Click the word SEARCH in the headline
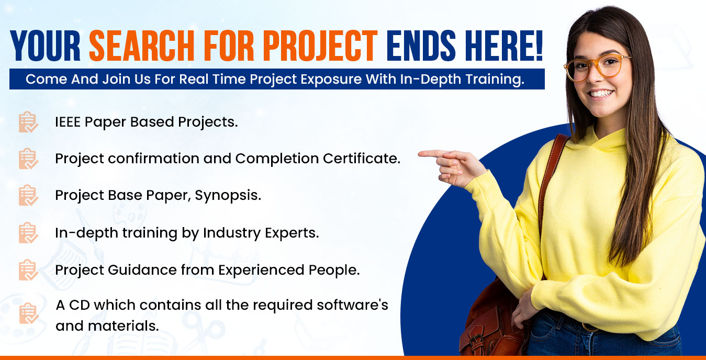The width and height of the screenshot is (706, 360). [141, 46]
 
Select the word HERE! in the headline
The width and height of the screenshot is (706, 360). [503, 46]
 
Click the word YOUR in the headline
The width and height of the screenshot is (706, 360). [46, 46]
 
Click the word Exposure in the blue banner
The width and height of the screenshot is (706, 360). [331, 79]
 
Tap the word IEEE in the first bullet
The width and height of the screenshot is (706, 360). [68, 122]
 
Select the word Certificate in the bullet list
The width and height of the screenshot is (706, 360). [362, 158]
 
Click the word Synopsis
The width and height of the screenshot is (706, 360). [228, 196]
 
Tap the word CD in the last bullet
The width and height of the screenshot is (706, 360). [80, 305]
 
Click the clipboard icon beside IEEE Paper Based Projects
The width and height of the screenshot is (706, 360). [28, 122]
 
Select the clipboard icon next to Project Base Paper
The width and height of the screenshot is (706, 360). [28, 195]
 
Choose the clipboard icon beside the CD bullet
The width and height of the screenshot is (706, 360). [29, 313]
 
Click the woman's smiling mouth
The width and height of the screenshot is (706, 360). [602, 94]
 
